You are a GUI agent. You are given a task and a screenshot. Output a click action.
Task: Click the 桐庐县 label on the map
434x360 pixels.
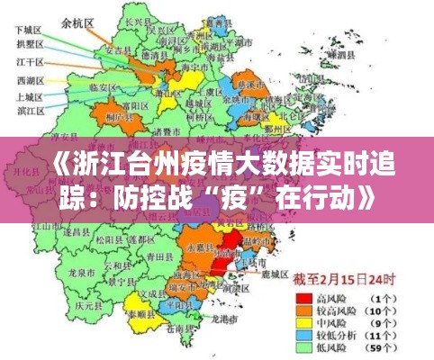115,116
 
